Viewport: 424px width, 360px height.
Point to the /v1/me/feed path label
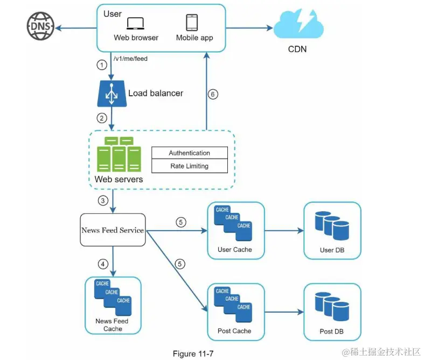click(x=130, y=59)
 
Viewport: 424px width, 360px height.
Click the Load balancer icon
click(x=111, y=93)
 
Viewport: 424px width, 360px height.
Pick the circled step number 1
click(x=101, y=65)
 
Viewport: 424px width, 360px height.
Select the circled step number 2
click(x=101, y=118)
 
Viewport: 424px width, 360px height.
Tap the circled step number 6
click(x=213, y=94)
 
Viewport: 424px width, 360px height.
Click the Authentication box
click(x=189, y=153)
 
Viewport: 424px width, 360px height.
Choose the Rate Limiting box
click(x=189, y=166)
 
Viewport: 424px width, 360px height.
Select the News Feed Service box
click(x=113, y=230)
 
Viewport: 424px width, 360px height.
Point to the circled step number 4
click(x=102, y=264)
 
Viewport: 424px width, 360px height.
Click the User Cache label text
click(x=235, y=250)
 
